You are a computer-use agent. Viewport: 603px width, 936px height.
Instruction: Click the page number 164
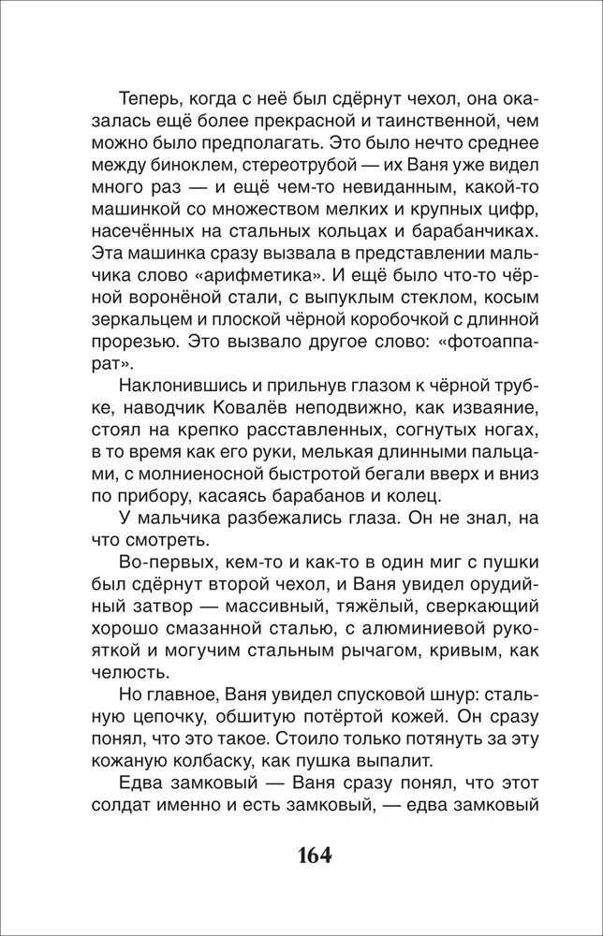point(301,856)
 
